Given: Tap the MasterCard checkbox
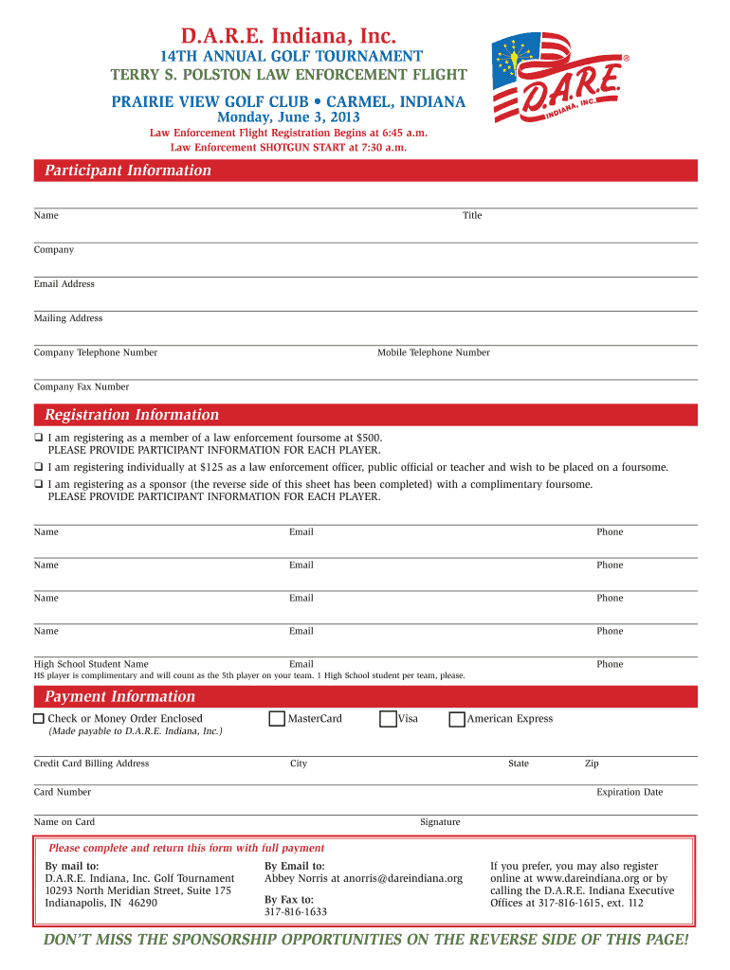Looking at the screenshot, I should pos(277,719).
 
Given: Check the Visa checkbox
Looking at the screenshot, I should pos(388,719).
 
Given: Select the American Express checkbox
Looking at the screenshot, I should pos(457,719).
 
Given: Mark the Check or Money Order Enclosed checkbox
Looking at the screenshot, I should pos(39,719).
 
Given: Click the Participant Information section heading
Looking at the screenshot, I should pos(128,171).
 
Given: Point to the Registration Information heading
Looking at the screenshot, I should pos(132,415).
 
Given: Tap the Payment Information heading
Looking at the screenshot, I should pos(120,696).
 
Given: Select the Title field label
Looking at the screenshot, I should pos(472,216).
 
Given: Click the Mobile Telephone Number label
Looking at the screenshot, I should pos(433,352).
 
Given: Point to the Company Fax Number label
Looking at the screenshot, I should pos(82,386).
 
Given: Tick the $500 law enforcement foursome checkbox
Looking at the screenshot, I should pos(39,439).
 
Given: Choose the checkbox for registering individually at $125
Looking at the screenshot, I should pos(39,467).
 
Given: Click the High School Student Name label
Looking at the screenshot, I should pos(91,664).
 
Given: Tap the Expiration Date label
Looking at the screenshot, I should pos(630,792).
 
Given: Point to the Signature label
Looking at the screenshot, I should pos(440,822).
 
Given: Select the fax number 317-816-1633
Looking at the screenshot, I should pos(296,912).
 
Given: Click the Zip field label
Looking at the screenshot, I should pos(592,763).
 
